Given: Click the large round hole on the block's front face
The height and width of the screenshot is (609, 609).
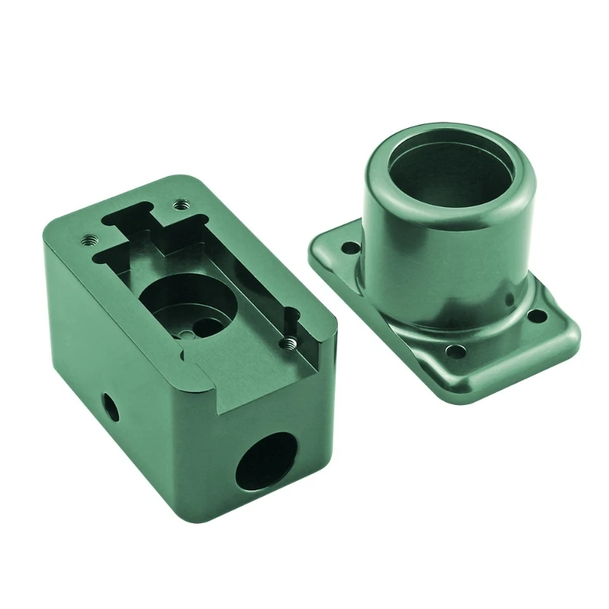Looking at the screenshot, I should pos(266,461).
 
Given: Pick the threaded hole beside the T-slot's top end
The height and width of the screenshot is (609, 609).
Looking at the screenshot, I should pos(180,203).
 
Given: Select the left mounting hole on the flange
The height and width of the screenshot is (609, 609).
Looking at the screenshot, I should pos(349,248).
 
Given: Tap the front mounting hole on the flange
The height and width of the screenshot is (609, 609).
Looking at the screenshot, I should pos(456,352).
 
